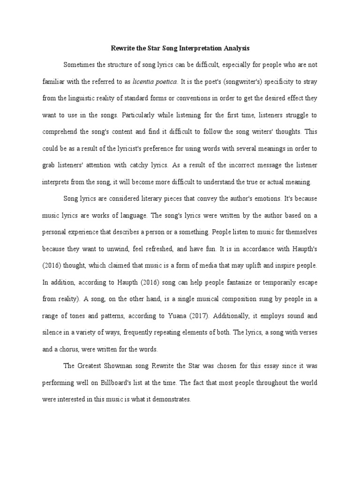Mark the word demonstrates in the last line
click(172, 399)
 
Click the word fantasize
click(225, 282)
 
